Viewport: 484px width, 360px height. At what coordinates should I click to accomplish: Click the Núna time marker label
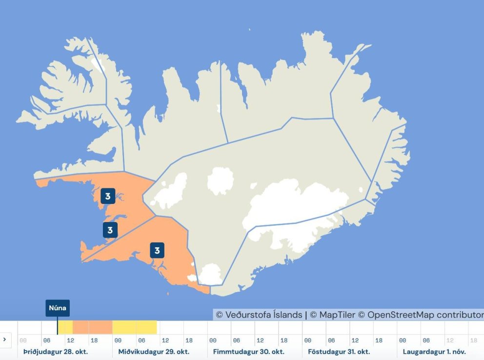tap(58, 308)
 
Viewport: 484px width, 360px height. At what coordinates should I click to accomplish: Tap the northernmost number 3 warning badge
tap(108, 197)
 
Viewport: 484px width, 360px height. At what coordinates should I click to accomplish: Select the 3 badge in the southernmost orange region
tap(157, 250)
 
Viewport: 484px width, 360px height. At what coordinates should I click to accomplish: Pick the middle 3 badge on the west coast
tap(110, 230)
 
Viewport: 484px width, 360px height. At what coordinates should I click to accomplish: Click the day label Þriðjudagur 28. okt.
tap(56, 351)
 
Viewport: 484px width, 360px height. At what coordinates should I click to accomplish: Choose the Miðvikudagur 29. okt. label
tap(154, 351)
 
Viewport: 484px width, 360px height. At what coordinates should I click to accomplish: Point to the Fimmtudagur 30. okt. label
tap(249, 351)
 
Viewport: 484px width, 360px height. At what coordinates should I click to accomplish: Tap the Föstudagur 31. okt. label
tap(339, 351)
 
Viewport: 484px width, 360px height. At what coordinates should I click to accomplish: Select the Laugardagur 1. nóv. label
tap(434, 351)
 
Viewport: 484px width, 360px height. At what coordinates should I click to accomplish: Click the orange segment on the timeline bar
tap(93, 327)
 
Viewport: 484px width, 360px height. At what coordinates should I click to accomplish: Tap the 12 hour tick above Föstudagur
tap(355, 340)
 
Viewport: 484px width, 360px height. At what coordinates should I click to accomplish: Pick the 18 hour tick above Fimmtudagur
tap(284, 340)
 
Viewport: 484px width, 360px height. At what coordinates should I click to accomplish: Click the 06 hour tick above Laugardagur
tap(426, 340)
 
